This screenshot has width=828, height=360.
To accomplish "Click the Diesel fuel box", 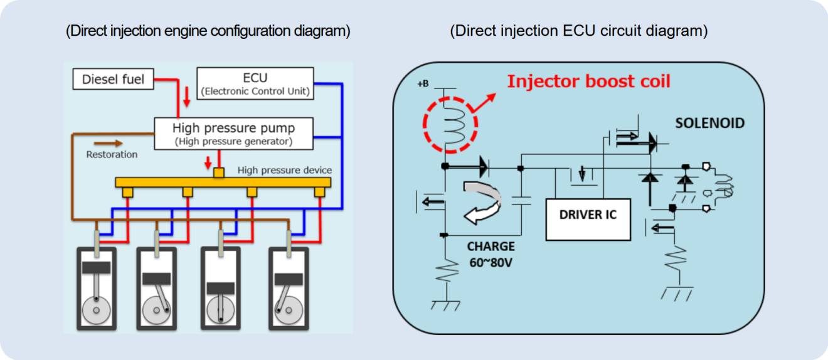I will point(114,80).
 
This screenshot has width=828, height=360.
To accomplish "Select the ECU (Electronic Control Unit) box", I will point(255,83).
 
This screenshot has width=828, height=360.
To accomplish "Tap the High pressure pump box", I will point(233,133).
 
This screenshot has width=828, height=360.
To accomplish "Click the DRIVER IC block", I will point(588,215).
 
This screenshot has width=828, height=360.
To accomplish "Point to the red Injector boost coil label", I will point(588,82).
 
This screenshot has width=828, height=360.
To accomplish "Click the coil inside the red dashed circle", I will point(450,123).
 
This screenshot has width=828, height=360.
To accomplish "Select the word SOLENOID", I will point(709,123).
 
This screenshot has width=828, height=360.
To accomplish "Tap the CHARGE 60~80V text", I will point(491,254).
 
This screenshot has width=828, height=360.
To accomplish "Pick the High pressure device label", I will point(284,170).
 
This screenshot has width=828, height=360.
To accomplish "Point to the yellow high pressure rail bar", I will point(223,182).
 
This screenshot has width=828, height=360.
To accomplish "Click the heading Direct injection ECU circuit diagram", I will point(578,31).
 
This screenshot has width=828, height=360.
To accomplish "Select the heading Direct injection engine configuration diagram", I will point(208,31).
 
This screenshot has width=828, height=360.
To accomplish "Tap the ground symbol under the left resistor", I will point(445,305).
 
